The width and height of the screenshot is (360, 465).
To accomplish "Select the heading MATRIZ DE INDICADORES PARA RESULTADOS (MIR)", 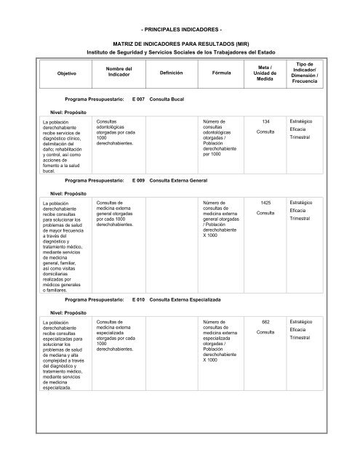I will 180,44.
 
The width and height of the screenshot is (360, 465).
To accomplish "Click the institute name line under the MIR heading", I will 180,52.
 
